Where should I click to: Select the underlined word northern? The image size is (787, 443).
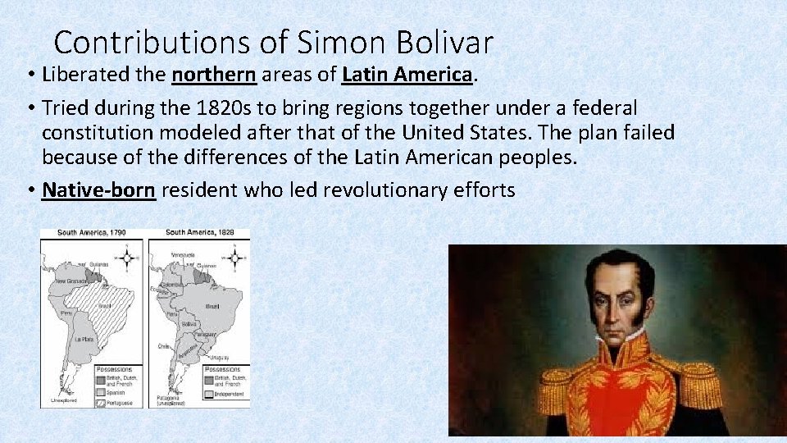point(214,75)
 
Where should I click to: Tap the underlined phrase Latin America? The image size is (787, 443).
point(407,75)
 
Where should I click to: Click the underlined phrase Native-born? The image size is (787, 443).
point(98,190)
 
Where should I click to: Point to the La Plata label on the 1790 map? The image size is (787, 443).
point(84,339)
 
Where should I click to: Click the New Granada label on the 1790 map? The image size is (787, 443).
point(70,281)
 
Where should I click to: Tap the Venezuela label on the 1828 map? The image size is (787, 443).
point(182,255)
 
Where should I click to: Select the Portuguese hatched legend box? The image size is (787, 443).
point(102,402)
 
